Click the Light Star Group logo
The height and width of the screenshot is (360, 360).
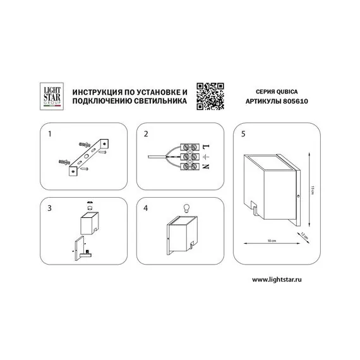(x=52, y=96)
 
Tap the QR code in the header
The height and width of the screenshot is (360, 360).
(x=210, y=96)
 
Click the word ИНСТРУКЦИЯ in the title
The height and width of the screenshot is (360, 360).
(x=97, y=92)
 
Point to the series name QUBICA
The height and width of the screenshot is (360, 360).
(x=287, y=92)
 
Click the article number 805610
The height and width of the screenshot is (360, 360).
(x=296, y=101)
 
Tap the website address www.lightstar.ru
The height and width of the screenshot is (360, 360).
(x=277, y=279)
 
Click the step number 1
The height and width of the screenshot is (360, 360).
(x=50, y=134)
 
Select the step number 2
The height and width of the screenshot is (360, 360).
(x=146, y=134)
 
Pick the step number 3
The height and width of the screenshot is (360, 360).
(x=49, y=208)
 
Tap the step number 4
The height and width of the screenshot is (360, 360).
(x=145, y=208)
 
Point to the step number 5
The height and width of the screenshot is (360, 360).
(x=243, y=134)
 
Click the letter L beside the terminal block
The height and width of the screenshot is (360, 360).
(x=206, y=147)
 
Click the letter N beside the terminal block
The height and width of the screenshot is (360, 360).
(x=206, y=166)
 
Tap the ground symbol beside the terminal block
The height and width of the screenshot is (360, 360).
(x=205, y=157)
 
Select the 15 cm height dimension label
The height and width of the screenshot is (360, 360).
(x=312, y=190)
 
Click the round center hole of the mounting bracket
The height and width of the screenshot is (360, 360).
(x=87, y=156)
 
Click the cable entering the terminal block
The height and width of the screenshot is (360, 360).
(x=157, y=157)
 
